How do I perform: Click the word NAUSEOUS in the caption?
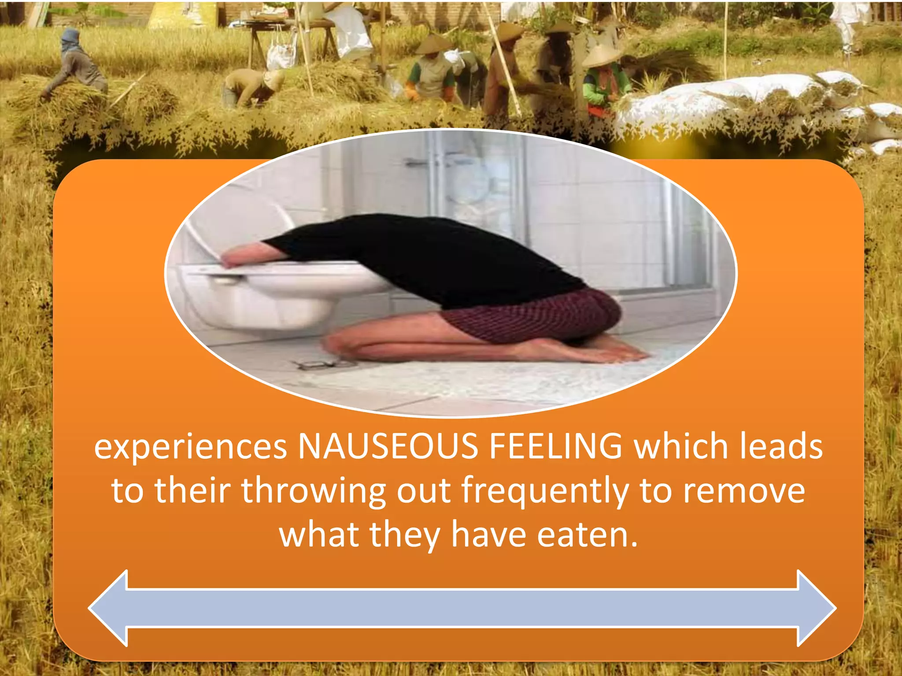[x=388, y=446]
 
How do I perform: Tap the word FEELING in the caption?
[x=556, y=446]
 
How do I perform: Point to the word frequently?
[x=545, y=492]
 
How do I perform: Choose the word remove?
[x=744, y=491]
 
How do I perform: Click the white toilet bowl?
[x=282, y=299]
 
